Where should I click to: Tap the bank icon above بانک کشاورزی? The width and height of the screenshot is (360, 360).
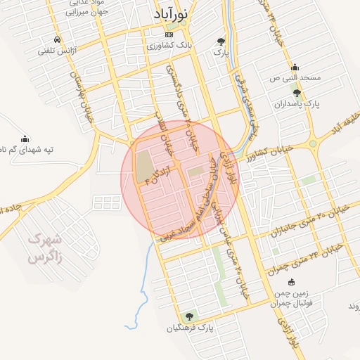click(x=168, y=34)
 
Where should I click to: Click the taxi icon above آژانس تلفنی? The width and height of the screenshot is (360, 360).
click(x=56, y=39)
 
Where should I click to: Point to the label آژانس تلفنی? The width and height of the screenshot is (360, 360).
click(x=56, y=51)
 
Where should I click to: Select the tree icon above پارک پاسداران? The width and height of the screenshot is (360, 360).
click(x=297, y=93)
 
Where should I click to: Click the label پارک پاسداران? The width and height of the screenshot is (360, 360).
click(x=297, y=104)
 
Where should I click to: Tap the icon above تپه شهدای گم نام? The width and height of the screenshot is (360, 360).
click(x=26, y=138)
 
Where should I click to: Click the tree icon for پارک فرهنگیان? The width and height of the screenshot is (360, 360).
click(x=188, y=316)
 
